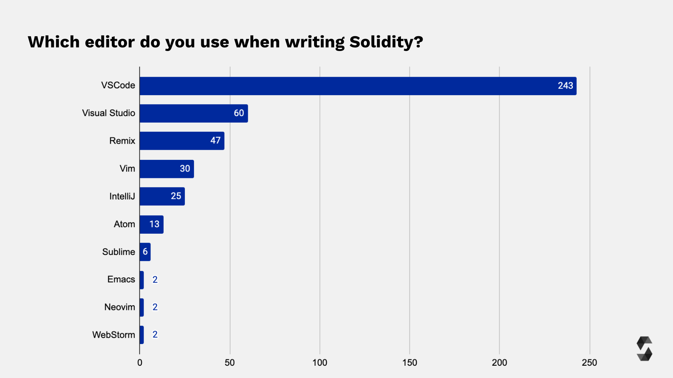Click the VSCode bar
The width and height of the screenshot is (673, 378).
[357, 86]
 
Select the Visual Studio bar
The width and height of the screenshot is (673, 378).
[194, 114]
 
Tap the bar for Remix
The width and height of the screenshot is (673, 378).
[182, 141]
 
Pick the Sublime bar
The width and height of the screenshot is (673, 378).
[145, 252]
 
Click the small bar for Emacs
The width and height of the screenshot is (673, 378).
[141, 280]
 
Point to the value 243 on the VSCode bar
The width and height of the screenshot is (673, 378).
[565, 86]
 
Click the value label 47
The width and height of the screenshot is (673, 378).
[215, 141]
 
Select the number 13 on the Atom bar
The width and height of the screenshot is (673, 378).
[154, 224]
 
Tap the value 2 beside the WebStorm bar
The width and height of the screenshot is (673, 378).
[155, 335]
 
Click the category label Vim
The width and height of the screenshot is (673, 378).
[127, 169]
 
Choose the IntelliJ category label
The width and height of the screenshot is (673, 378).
[122, 196]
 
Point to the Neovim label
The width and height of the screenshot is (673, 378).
[119, 307]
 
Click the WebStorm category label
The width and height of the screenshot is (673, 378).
[113, 335]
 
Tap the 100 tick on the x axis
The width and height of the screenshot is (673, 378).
[319, 362]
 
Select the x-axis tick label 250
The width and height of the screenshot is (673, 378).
[589, 362]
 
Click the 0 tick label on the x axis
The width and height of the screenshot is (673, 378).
[140, 362]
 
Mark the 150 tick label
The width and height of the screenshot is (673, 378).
[410, 362]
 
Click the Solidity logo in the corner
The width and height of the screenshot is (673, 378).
[644, 349]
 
